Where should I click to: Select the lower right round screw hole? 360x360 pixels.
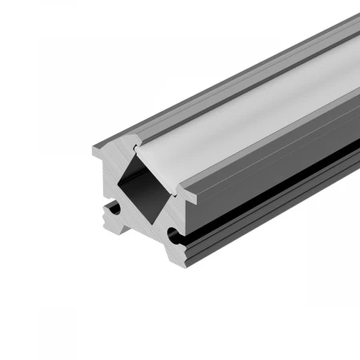point(172,234)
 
